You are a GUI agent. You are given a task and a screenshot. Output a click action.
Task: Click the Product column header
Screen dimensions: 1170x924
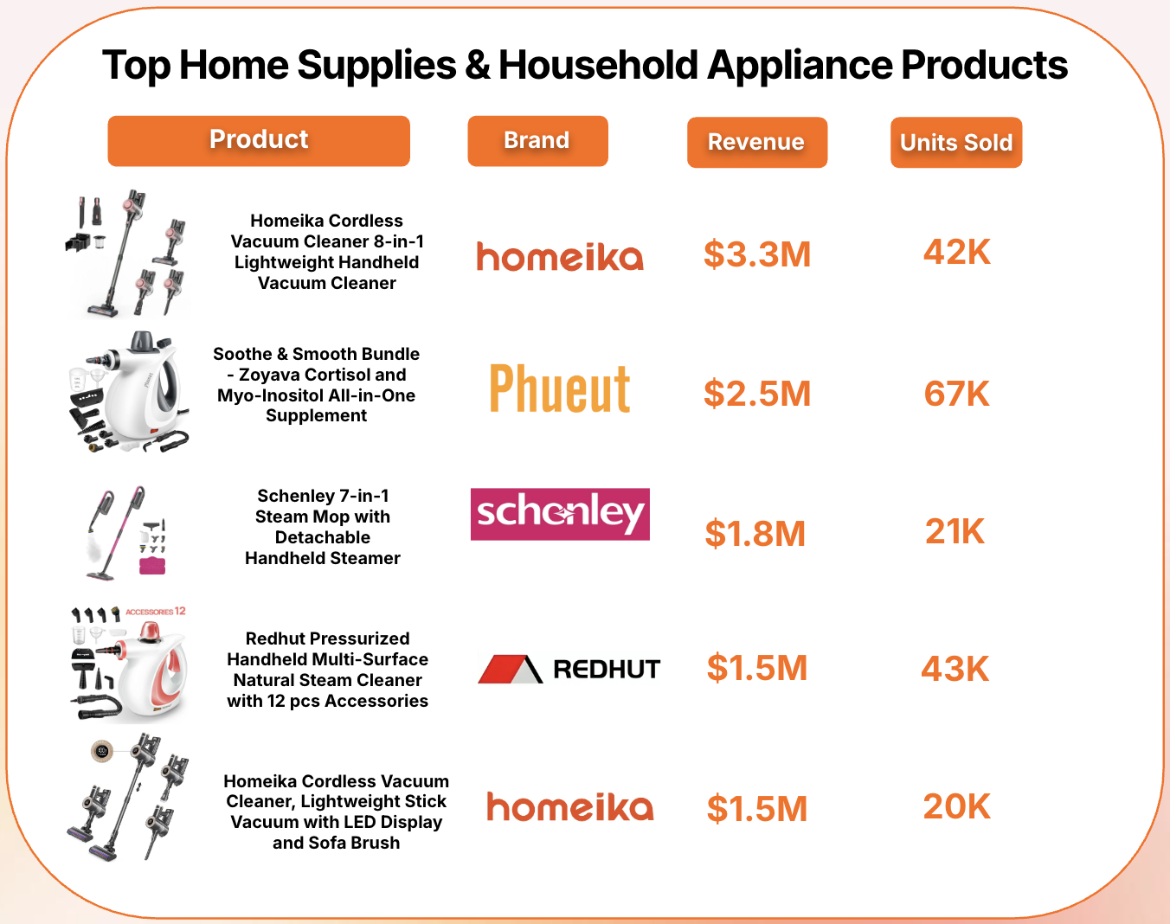pyautogui.click(x=259, y=141)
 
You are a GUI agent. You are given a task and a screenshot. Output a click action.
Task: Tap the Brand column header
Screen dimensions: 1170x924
pyautogui.click(x=537, y=141)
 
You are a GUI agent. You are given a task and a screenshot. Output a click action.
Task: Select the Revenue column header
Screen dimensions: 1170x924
pyautogui.click(x=757, y=143)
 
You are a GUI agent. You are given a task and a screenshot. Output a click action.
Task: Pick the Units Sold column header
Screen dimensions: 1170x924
pyautogui.click(x=956, y=143)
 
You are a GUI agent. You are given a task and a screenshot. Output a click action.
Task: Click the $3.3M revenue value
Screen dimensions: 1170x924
pyautogui.click(x=757, y=253)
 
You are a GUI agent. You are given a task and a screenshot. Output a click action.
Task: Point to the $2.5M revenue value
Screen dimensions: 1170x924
pyautogui.click(x=757, y=393)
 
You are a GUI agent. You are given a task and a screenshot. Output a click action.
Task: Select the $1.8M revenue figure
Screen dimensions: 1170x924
pyautogui.click(x=755, y=533)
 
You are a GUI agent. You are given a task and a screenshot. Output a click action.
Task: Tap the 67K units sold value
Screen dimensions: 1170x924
pyautogui.click(x=957, y=393)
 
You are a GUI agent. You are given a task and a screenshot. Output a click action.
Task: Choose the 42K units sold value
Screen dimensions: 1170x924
pyautogui.click(x=957, y=252)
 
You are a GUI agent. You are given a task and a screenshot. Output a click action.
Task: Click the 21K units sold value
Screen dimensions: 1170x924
pyautogui.click(x=955, y=531)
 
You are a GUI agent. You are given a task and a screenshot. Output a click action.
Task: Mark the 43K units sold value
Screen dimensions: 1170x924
pyautogui.click(x=955, y=668)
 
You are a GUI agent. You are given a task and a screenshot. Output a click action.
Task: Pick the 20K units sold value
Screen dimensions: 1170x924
pyautogui.click(x=957, y=806)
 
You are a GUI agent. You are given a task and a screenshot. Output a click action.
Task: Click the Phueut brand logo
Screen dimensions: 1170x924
pyautogui.click(x=560, y=388)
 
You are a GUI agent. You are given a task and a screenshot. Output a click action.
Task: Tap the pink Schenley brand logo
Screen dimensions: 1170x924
pyautogui.click(x=560, y=514)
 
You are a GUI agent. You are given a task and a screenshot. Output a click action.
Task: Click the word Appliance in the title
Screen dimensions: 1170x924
pyautogui.click(x=800, y=65)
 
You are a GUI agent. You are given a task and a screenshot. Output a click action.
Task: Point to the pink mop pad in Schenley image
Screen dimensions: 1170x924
pyautogui.click(x=152, y=566)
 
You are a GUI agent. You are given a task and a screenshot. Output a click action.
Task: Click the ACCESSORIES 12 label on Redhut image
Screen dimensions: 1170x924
pyautogui.click(x=156, y=612)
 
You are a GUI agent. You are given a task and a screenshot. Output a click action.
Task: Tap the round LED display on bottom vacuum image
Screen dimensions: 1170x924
pyautogui.click(x=102, y=751)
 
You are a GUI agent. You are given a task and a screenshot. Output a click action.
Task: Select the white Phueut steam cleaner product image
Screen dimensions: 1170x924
pyautogui.click(x=130, y=391)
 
